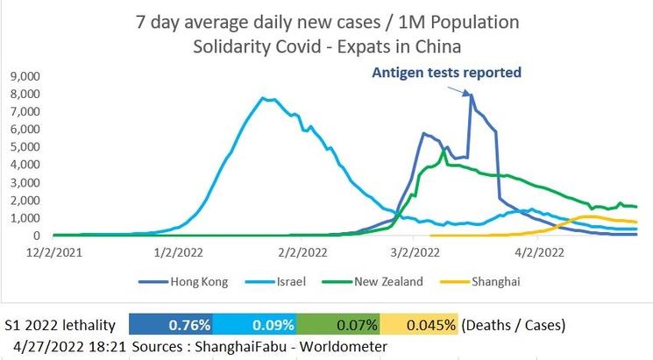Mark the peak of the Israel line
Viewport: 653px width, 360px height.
[x=264, y=98]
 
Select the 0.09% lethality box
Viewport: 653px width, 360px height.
[x=255, y=324]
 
